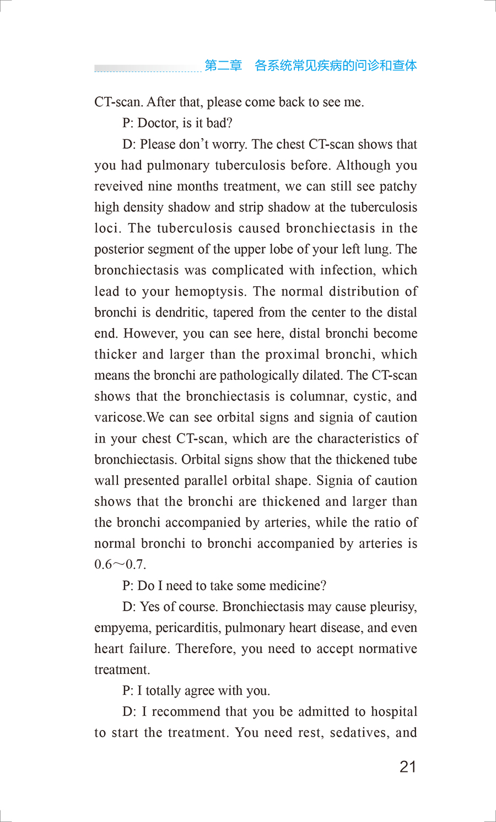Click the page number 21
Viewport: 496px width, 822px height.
[x=408, y=766]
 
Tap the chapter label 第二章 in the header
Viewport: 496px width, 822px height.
[x=223, y=66]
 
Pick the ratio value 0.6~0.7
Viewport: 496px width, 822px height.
[x=120, y=565]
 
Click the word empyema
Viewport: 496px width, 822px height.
[x=121, y=628]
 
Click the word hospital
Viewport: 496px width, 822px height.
[x=394, y=712]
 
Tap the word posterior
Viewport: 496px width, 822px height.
[x=116, y=249]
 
